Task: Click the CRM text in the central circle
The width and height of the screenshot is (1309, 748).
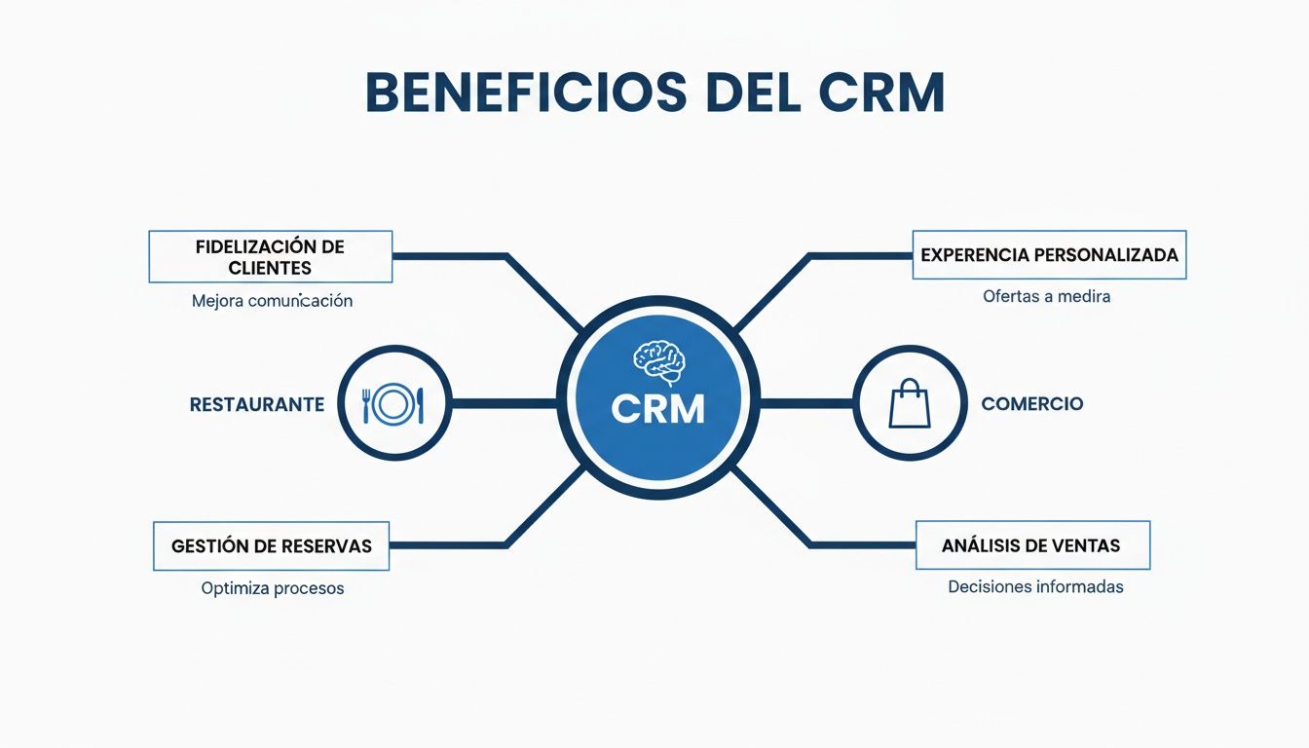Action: click(658, 409)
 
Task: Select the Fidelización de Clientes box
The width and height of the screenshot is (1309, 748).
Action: click(270, 256)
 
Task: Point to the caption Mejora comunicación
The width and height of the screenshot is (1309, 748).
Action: click(272, 301)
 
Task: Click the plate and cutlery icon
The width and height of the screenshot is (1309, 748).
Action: click(393, 403)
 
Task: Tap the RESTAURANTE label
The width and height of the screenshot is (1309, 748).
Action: click(257, 404)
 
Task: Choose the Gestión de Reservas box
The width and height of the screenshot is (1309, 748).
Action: click(271, 545)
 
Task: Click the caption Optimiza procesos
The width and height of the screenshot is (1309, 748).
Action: click(272, 588)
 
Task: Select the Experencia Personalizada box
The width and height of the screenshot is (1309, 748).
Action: click(1049, 255)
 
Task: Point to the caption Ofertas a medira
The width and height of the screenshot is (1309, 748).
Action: click(1046, 296)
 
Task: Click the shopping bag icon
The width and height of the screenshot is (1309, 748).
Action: click(910, 403)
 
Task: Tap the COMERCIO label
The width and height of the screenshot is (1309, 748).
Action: click(1031, 404)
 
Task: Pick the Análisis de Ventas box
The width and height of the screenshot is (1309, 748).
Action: click(1032, 545)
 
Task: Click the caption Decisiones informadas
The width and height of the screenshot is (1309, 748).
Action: click(1035, 586)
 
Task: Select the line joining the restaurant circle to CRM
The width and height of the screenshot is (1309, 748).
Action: click(505, 403)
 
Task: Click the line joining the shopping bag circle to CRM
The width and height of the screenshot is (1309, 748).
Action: click(805, 403)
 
